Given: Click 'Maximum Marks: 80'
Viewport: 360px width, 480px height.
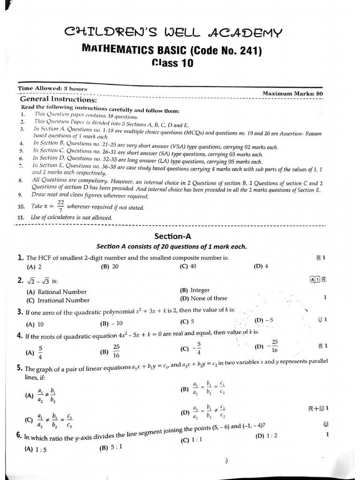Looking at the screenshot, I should [x=292, y=93].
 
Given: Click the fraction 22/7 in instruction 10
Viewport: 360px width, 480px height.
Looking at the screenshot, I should [x=60, y=206].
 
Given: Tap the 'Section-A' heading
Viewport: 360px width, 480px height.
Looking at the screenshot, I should [x=173, y=237].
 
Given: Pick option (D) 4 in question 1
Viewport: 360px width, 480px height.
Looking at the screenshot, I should [x=261, y=266].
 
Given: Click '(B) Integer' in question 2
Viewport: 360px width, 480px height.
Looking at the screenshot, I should [x=195, y=290].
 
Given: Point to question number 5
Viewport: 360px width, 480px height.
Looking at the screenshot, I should [x=20, y=368].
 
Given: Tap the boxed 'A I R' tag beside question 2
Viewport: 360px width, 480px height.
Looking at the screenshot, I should [x=318, y=280].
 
